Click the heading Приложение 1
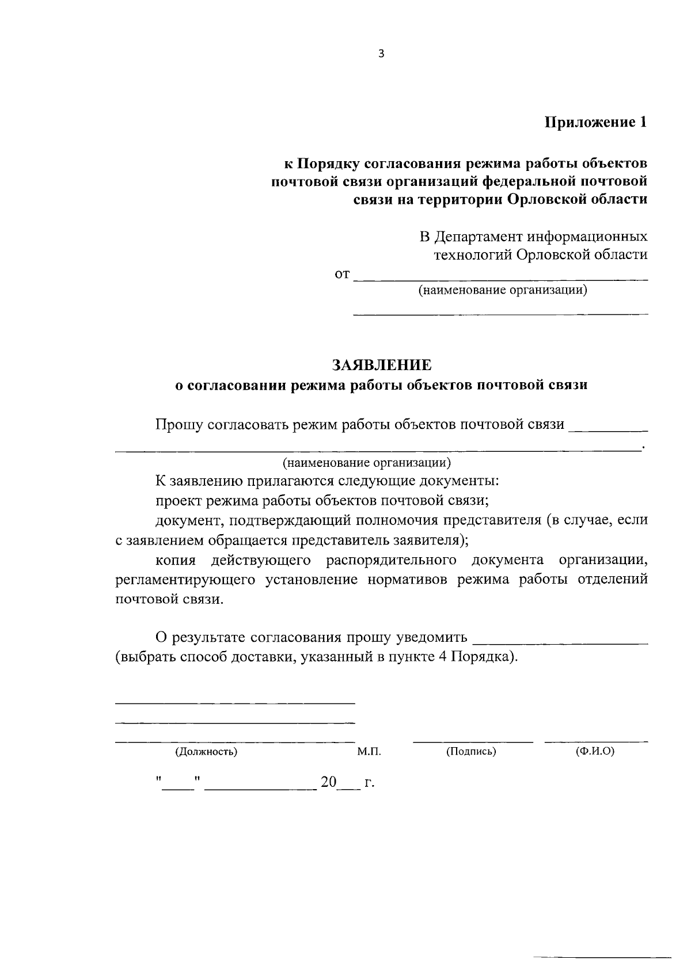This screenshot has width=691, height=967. [596, 122]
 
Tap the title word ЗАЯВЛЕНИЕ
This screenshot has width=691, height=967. [381, 365]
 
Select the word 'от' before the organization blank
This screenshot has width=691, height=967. [342, 275]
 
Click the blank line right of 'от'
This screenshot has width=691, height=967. [500, 279]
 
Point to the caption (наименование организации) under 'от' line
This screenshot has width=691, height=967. [503, 290]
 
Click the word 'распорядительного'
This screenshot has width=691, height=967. [392, 560]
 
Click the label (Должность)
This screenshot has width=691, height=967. [206, 751]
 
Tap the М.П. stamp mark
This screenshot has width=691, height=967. [369, 751]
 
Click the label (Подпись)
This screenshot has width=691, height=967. [471, 751]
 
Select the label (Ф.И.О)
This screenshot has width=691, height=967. [595, 751]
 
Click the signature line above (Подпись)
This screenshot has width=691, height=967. [473, 741]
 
